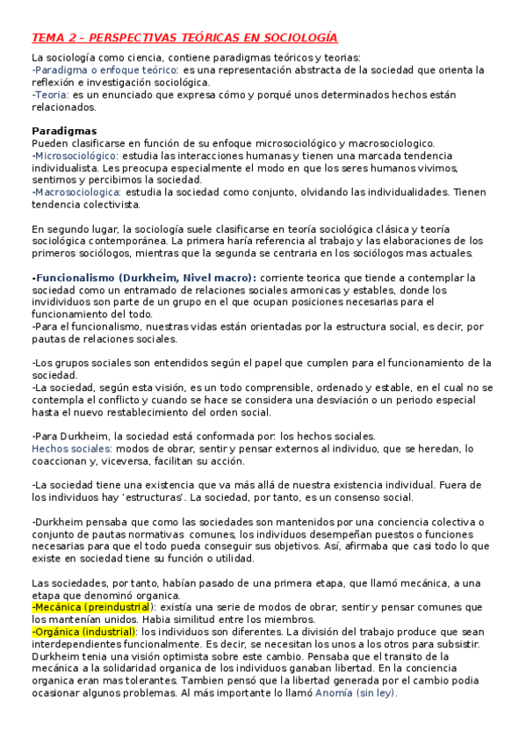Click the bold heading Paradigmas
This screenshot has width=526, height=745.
pyautogui.click(x=65, y=130)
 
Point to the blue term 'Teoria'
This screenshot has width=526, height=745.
pyautogui.click(x=51, y=94)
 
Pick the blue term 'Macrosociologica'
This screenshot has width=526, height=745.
pyautogui.click(x=77, y=192)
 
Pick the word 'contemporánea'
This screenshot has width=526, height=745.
pyautogui.click(x=126, y=241)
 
